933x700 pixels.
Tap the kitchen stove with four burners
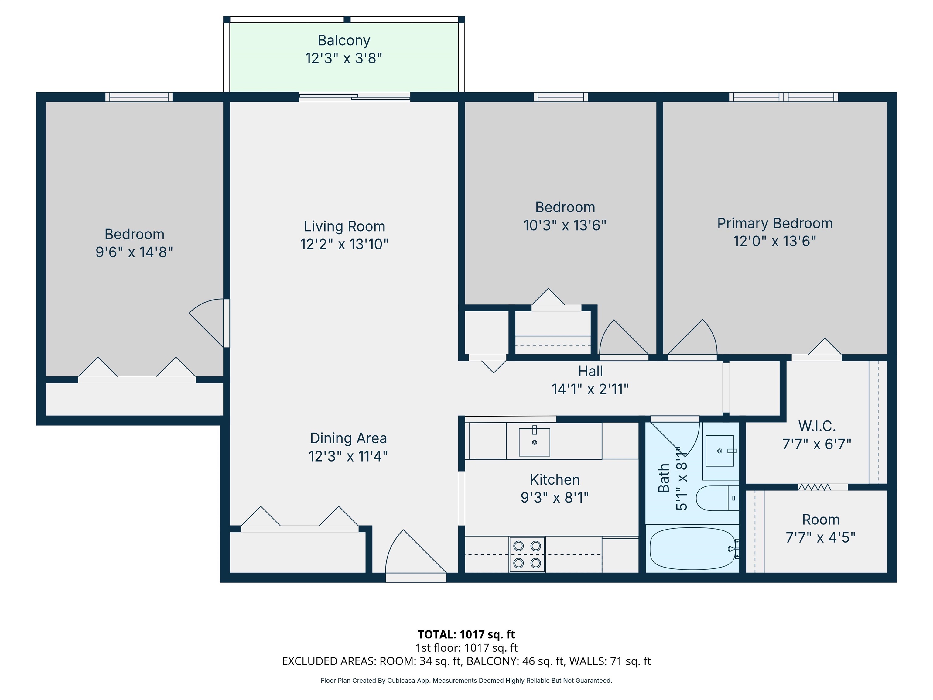pyautogui.click(x=527, y=554)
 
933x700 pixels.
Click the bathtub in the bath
pyautogui.click(x=692, y=548)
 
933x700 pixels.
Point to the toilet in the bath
pyautogui.click(x=716, y=498)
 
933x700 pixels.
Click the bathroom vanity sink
pyautogui.click(x=719, y=451)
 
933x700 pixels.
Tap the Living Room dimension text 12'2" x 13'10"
pyautogui.click(x=344, y=244)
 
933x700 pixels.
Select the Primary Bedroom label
pyautogui.click(x=774, y=223)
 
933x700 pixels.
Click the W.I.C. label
pyautogui.click(x=817, y=426)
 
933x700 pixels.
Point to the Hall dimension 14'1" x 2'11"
pyautogui.click(x=590, y=389)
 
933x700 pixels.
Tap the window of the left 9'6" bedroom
pyautogui.click(x=139, y=97)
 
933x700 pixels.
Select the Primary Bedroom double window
pyautogui.click(x=783, y=97)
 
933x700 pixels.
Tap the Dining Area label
pyautogui.click(x=348, y=438)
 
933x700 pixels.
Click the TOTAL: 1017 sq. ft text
pyautogui.click(x=466, y=634)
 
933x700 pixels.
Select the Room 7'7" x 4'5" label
pyautogui.click(x=820, y=520)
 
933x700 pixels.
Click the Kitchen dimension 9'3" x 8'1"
pyautogui.click(x=554, y=498)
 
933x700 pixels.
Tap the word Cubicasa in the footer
pyautogui.click(x=401, y=681)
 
